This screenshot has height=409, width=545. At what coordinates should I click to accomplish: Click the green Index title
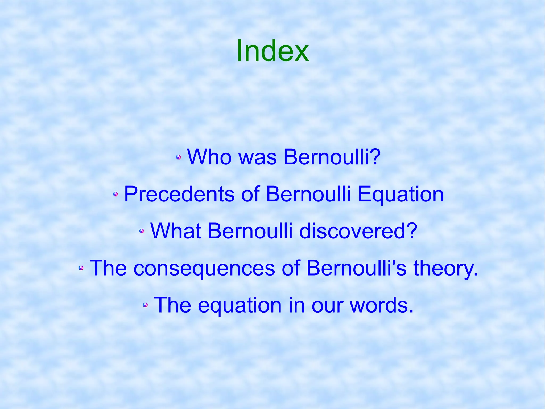tap(272, 51)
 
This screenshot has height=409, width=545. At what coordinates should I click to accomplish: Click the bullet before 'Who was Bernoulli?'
tap(179, 157)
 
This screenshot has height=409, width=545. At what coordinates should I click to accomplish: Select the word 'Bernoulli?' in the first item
tap(332, 157)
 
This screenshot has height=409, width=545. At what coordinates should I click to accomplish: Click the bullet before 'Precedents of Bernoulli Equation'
tap(115, 194)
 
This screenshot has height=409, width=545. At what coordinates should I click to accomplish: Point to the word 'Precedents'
tap(179, 194)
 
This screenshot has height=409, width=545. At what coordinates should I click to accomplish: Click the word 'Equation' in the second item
tap(401, 195)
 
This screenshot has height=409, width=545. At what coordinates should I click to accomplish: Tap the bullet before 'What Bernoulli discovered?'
tap(142, 231)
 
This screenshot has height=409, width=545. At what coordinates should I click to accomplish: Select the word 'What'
tap(176, 231)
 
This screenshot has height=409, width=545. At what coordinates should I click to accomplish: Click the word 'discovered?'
tap(358, 231)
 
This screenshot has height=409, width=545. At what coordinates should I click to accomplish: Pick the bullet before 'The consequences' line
tap(81, 268)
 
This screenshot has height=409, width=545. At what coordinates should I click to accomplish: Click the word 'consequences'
tap(204, 268)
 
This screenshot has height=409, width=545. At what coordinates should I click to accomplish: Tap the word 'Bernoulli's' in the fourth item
tap(356, 268)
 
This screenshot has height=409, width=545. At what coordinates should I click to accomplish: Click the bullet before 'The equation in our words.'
tap(145, 305)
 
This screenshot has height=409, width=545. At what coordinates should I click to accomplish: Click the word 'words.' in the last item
tap(382, 305)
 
